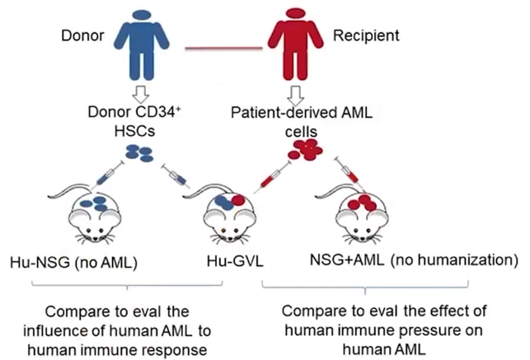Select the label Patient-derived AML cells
pos(314,120)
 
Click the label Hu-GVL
pos(234,261)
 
